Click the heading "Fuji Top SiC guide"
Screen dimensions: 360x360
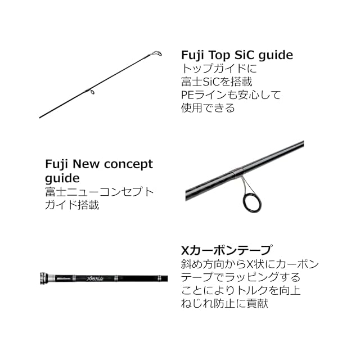coord(237,55)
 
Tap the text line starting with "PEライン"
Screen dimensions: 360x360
coord(231,94)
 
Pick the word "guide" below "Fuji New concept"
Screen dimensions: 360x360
coord(62,178)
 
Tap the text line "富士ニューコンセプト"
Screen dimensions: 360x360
coord(99,192)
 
